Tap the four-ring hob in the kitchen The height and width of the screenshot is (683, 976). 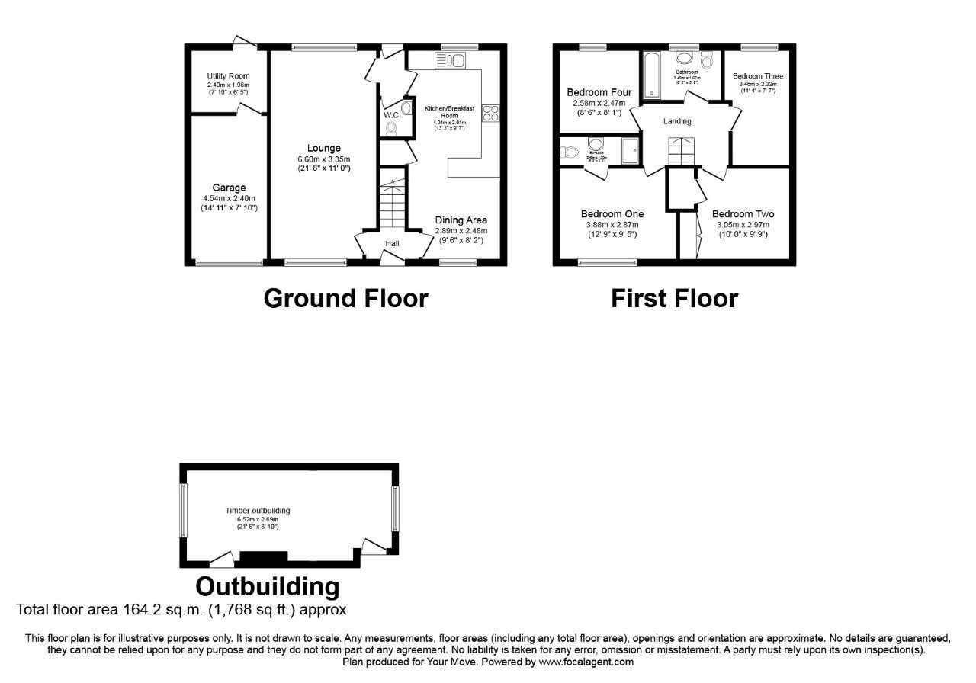(490, 113)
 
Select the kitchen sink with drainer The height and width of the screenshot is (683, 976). (449, 60)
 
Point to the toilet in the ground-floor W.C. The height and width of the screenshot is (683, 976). (392, 130)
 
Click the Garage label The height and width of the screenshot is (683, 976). (229, 188)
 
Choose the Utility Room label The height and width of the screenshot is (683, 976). (228, 75)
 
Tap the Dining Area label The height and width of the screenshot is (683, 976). (461, 220)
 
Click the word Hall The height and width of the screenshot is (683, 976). (392, 243)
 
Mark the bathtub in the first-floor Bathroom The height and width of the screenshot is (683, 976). (651, 75)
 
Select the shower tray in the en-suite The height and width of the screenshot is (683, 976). (630, 151)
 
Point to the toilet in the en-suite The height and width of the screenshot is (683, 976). (568, 152)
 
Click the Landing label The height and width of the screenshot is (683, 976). (677, 121)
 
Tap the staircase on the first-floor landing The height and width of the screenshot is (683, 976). (682, 151)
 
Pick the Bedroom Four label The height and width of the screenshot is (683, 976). (599, 93)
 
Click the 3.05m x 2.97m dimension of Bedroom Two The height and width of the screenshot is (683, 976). (742, 225)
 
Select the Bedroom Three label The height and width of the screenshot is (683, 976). (757, 76)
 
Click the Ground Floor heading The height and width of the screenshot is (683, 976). (345, 298)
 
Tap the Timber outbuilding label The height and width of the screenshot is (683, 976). (257, 511)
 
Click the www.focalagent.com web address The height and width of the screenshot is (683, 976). (586, 662)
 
